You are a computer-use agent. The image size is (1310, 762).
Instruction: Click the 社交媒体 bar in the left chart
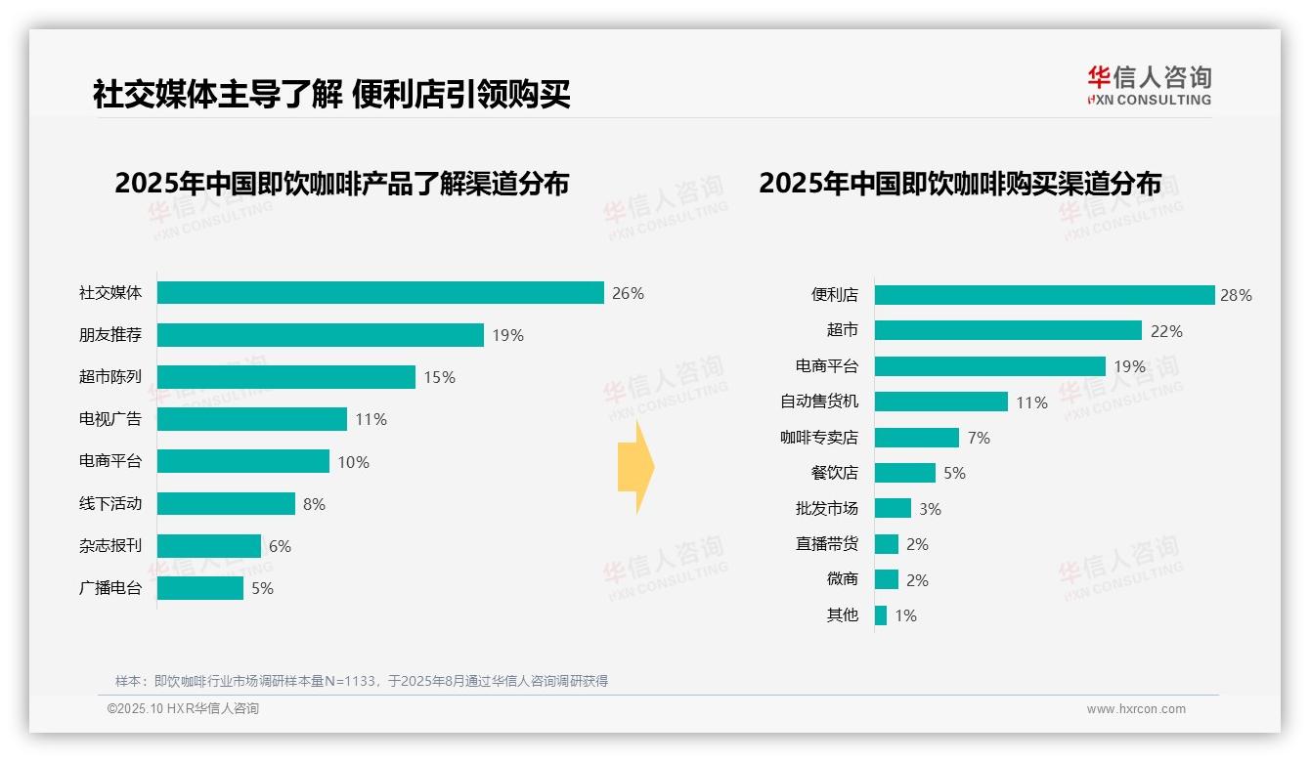[x=380, y=293]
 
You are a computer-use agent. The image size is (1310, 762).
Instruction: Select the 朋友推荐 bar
[x=320, y=335]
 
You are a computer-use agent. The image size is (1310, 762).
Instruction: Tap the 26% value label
[x=628, y=293]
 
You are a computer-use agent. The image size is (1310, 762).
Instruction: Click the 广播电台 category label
[x=110, y=588]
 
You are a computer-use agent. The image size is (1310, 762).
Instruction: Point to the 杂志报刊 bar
[x=209, y=546]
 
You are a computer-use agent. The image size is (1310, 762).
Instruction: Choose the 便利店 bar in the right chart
[x=1044, y=295]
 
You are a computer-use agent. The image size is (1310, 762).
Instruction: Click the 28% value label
[x=1236, y=295]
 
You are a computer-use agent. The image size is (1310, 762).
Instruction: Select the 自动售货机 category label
[x=818, y=402]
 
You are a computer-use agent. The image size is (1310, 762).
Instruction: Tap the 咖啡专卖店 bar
[x=917, y=438]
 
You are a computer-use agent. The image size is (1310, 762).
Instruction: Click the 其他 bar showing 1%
[x=881, y=615]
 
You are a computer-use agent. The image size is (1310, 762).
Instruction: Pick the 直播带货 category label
[x=826, y=544]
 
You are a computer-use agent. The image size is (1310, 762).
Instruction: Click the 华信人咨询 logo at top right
[x=1149, y=86]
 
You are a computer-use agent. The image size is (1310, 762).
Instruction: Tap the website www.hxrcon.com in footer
[x=1136, y=709]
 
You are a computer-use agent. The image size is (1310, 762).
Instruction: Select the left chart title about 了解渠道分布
[x=341, y=184]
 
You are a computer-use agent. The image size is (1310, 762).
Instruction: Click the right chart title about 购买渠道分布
[x=960, y=184]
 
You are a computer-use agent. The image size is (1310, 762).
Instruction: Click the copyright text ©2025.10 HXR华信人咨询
[x=183, y=709]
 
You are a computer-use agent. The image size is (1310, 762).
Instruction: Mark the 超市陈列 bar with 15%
[x=286, y=377]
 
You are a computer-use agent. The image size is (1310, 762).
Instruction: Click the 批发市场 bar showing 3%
[x=893, y=509]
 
